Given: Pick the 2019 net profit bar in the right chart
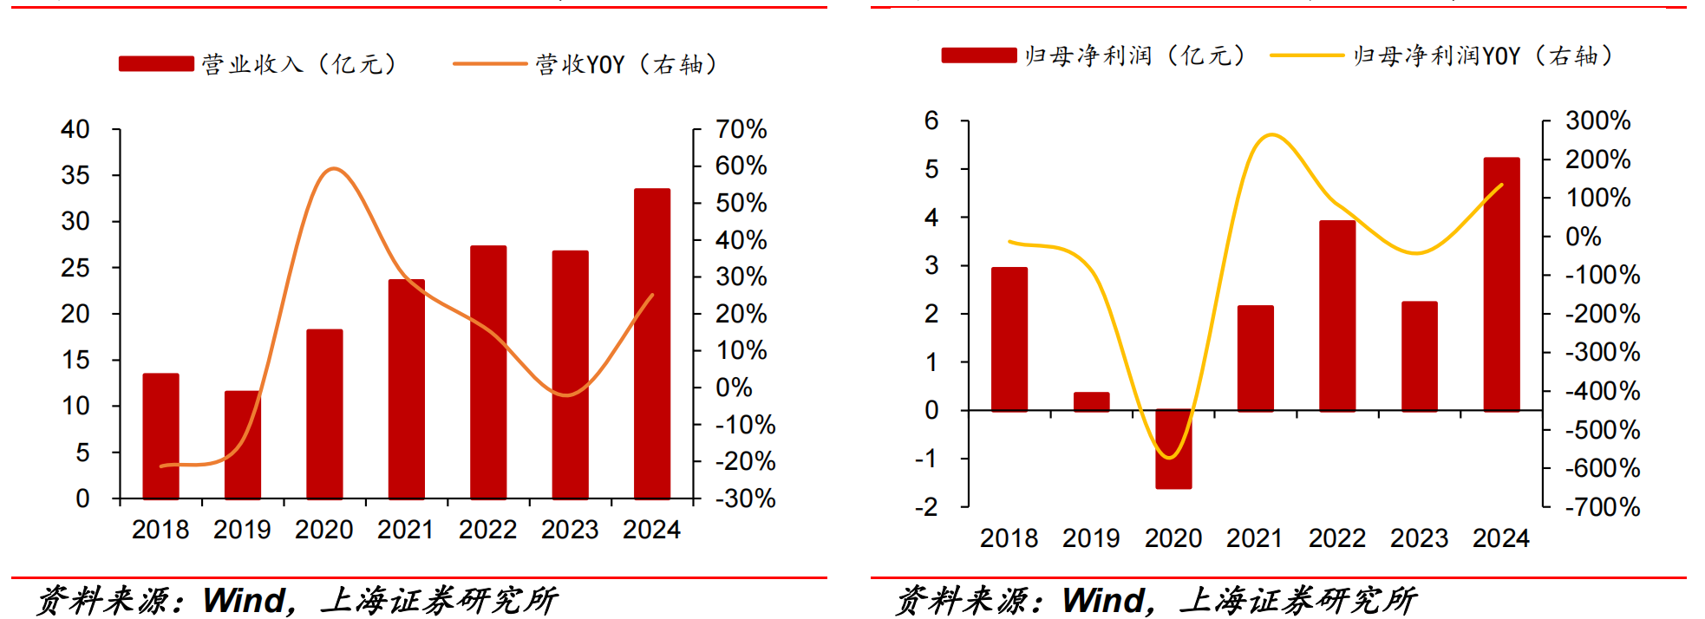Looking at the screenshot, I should click(1091, 401).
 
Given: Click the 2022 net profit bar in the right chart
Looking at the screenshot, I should click(1337, 316).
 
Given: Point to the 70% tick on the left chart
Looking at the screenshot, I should click(741, 129).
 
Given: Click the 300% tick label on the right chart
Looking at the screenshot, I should click(1597, 121).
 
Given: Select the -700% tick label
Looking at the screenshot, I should click(1602, 507).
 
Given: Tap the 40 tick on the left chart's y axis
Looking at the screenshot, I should click(75, 129).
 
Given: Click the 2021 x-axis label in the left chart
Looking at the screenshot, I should click(406, 530).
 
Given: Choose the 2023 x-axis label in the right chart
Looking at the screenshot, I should click(1419, 538).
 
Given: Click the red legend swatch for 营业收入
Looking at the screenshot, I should click(156, 63).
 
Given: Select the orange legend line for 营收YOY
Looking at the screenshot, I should click(489, 63).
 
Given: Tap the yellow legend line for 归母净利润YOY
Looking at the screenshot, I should click(1306, 55).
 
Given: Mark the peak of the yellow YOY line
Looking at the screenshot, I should click(1271, 134).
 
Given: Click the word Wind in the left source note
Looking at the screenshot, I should click(244, 600).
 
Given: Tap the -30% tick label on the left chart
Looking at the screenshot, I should click(745, 498).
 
